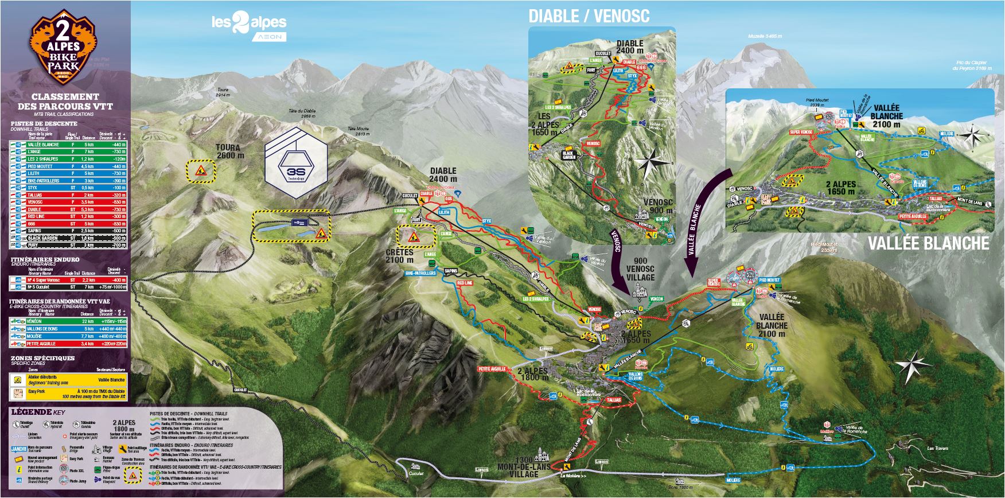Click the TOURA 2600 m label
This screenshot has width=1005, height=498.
coord(229,151)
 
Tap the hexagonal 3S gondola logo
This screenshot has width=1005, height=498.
coord(295,162)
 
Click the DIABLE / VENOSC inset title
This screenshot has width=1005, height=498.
coord(589,16)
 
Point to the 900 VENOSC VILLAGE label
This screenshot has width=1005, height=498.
coord(640,269)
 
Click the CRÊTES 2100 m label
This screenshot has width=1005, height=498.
coord(399,256)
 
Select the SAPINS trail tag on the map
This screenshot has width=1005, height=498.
coord(451,271)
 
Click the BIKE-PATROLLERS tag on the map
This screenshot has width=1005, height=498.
coord(421,274)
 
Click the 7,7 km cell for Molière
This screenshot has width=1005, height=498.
coord(87,336)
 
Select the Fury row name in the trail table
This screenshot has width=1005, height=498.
coord(34,245)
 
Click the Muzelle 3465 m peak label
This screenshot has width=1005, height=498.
coord(765,36)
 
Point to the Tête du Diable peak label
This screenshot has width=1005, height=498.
coord(302,113)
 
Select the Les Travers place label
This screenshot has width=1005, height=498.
coord(938,448)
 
